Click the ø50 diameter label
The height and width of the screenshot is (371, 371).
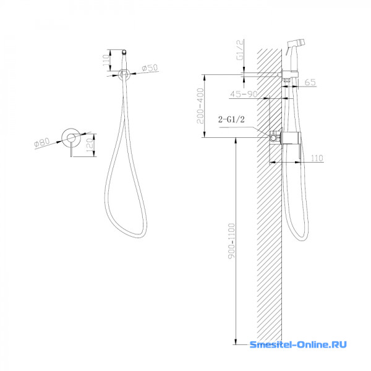(x=150, y=68)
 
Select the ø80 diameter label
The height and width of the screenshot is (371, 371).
(x=42, y=142)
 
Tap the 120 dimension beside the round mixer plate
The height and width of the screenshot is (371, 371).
(x=90, y=145)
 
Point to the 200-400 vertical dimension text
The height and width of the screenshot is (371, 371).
(x=200, y=106)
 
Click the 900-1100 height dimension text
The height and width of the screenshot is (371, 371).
(x=232, y=241)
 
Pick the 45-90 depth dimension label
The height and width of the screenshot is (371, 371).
(x=244, y=94)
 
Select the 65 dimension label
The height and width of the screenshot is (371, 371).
(x=310, y=82)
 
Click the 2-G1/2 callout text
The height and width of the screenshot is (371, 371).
(x=231, y=119)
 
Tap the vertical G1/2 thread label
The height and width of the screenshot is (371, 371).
(x=240, y=49)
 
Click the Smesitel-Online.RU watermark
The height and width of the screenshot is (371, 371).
(x=298, y=344)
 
